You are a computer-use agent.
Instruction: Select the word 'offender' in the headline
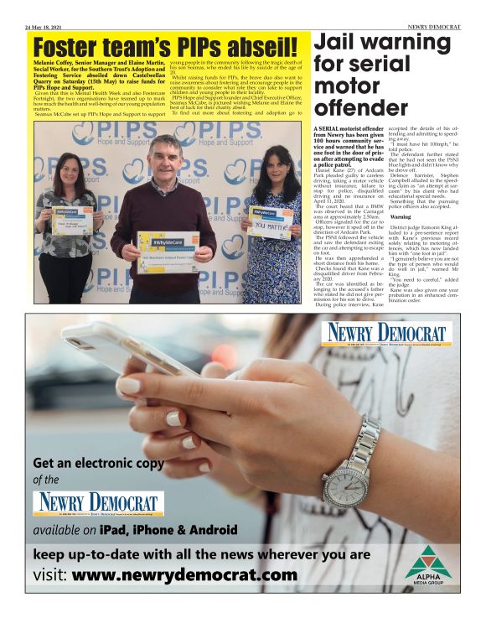coord(360,107)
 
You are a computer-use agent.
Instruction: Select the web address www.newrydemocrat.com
coord(184,576)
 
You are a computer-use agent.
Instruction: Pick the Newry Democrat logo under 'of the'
coord(99,504)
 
